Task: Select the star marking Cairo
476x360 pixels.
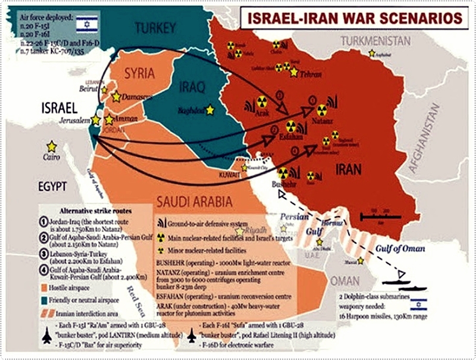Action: click(x=52, y=146)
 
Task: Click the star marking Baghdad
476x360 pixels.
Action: click(x=209, y=109)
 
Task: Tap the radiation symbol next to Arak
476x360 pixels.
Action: click(x=262, y=102)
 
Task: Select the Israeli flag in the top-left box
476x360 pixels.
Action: click(x=87, y=24)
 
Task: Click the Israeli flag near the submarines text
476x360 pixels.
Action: click(x=419, y=305)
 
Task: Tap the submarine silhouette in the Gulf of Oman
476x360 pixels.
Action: click(x=396, y=283)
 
